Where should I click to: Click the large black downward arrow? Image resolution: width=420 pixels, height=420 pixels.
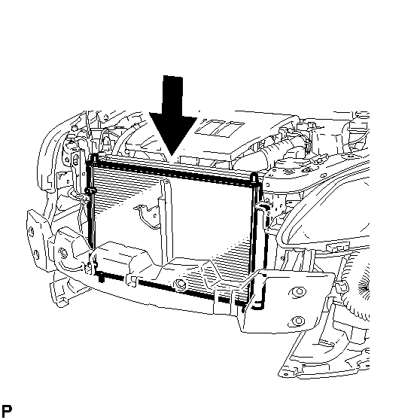(x=173, y=115)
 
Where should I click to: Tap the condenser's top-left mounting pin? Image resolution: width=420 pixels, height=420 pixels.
(x=95, y=159)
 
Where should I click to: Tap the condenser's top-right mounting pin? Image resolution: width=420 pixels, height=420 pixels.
(x=254, y=178)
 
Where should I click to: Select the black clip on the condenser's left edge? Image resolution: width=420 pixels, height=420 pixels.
(x=90, y=191)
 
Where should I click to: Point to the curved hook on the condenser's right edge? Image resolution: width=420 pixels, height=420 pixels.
(x=261, y=207)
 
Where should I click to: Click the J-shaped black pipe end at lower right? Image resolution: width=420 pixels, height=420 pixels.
(x=258, y=305)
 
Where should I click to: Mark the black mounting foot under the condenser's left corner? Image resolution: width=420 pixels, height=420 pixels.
(x=102, y=278)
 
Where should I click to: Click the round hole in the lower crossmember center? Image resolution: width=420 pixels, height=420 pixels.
(x=179, y=285)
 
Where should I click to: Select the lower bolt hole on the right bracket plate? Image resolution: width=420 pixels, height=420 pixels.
(x=298, y=321)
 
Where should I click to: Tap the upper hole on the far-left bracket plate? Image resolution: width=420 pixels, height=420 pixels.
(x=32, y=232)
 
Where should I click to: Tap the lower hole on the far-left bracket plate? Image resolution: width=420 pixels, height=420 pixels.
(x=36, y=254)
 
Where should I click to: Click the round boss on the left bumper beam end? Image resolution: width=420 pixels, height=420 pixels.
(x=63, y=253)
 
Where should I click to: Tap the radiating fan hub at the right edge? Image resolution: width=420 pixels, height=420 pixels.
(x=365, y=289)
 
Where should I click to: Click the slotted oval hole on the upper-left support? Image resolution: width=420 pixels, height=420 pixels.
(x=75, y=160)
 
